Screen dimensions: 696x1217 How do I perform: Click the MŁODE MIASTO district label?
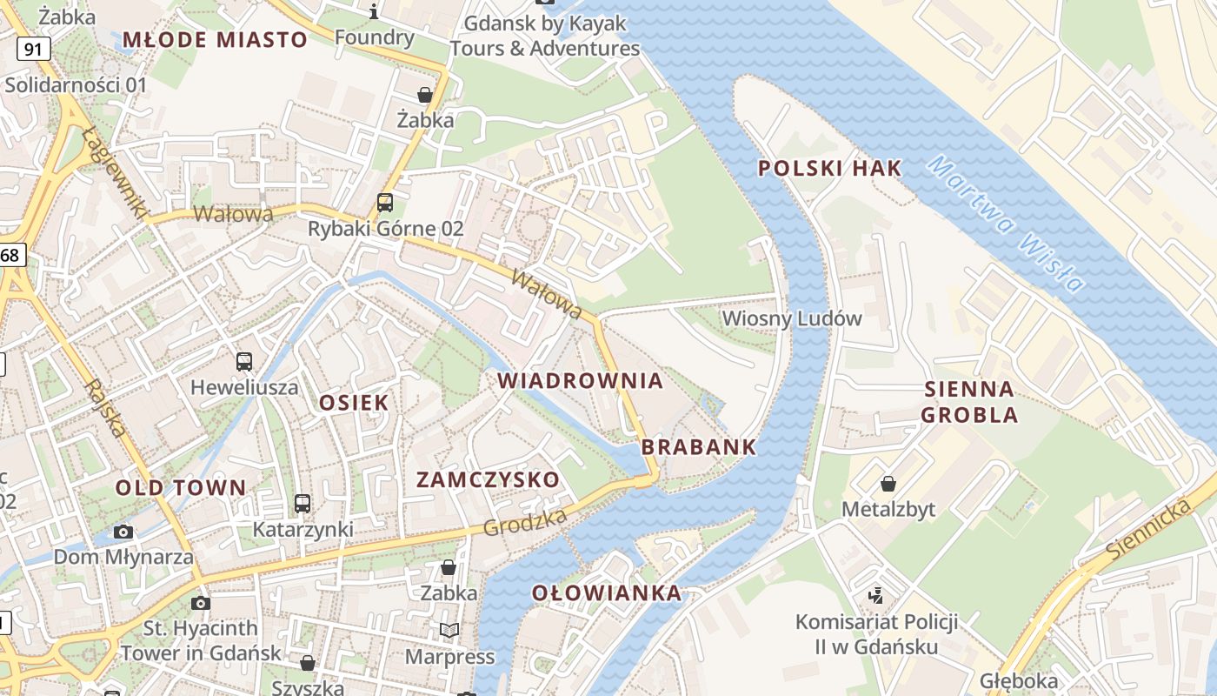(215, 39)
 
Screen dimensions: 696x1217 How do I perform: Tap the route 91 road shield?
(33, 49)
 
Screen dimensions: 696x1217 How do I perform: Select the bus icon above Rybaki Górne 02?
(384, 203)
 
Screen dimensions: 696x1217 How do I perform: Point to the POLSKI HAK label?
(829, 169)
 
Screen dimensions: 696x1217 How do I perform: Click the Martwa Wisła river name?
(1005, 224)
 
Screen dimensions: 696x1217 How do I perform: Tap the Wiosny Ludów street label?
(792, 318)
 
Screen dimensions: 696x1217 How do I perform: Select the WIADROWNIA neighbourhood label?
(580, 380)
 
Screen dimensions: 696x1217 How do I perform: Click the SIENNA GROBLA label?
(969, 402)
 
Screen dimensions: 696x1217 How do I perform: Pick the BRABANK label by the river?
(699, 447)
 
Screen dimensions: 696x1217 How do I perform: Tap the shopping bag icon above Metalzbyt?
(888, 483)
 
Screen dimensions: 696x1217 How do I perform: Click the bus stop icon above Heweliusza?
(244, 361)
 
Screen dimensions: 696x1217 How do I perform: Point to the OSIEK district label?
(354, 402)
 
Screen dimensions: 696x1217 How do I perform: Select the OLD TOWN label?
(181, 487)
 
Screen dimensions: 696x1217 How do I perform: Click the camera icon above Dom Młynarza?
(123, 532)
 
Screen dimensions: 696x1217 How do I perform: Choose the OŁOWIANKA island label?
(607, 593)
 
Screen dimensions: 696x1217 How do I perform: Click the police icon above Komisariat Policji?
(876, 596)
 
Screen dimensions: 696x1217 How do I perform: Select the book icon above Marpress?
(449, 630)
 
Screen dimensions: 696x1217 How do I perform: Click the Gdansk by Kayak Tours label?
(545, 36)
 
